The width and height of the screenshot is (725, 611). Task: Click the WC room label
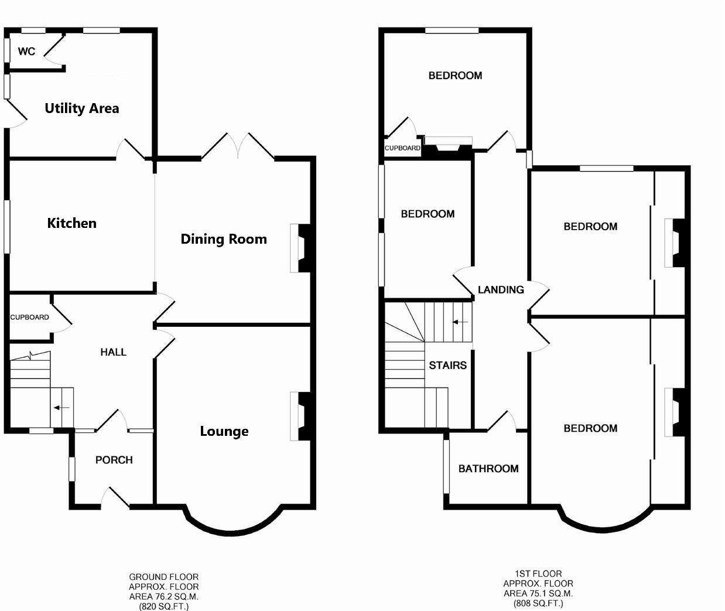[26, 52]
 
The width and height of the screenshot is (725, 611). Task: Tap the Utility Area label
[82, 108]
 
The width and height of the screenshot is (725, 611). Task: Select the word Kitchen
[71, 223]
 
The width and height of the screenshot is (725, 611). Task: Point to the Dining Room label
[224, 239]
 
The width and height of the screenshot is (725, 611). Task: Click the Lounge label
[224, 432]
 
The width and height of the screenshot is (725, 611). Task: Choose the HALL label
[113, 352]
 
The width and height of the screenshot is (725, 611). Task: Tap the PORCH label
[114, 460]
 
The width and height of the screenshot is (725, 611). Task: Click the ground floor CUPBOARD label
[29, 318]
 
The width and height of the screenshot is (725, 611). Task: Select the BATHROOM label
[488, 469]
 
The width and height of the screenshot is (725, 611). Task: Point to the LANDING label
[501, 289]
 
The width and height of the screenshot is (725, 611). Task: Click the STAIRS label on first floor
[447, 366]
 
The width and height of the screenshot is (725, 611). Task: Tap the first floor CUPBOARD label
[402, 148]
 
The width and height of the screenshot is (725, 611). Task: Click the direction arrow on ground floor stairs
[61, 408]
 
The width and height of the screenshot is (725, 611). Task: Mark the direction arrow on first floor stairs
[460, 322]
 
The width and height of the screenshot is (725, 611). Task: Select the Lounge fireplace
[302, 416]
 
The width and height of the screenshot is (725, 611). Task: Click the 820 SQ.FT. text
[164, 607]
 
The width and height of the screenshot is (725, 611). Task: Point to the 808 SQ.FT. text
[538, 603]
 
